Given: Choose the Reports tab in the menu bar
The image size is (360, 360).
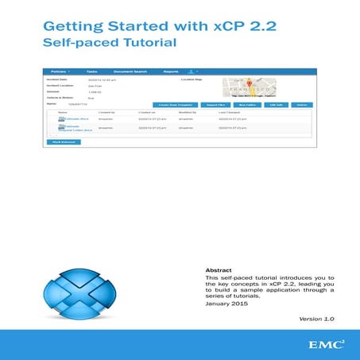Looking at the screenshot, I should [171, 71].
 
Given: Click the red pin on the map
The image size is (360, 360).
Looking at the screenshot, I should [248, 84].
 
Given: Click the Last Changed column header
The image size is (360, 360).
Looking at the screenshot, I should [230, 112].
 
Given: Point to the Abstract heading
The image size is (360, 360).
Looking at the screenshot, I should [219, 269].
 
